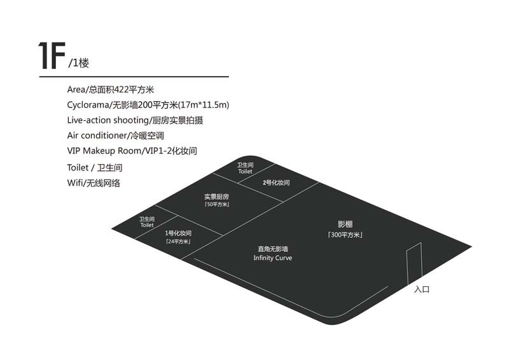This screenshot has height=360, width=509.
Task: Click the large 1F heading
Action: tap(52, 56)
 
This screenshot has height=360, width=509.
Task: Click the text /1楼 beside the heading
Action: tap(82, 64)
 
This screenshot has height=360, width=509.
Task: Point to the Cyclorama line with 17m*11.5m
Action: tap(148, 105)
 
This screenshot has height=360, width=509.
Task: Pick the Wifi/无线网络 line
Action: tap(94, 183)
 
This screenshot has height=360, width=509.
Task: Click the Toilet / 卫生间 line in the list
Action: tap(95, 167)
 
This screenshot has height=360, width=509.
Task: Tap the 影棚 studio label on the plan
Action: tap(345, 225)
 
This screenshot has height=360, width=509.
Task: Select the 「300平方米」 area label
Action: tap(345, 235)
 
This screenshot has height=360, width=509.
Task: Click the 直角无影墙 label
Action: tap(272, 249)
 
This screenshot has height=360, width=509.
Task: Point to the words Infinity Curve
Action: tap(272, 258)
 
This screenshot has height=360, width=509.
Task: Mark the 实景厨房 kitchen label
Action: tap(216, 197)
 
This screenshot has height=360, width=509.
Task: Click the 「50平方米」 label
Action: tap(216, 205)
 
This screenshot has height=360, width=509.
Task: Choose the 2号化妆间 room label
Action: tap(276, 183)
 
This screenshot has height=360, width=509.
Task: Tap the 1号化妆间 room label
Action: tap(178, 233)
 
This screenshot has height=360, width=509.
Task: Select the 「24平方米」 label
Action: tap(178, 242)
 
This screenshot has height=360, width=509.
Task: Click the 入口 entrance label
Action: tap(422, 289)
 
